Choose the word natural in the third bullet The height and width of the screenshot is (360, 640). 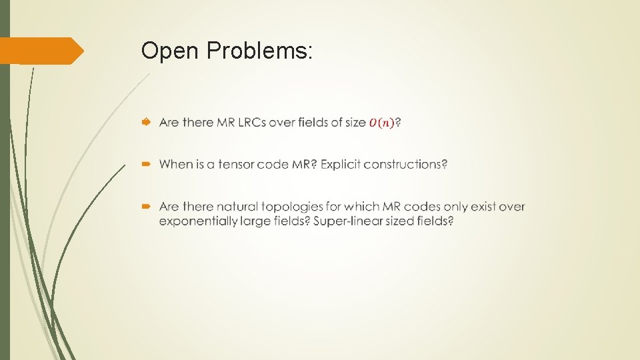click(237, 207)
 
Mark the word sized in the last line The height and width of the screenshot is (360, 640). click(397, 221)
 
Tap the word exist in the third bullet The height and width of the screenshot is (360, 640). click(483, 207)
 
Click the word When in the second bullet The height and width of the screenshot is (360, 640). click(176, 164)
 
